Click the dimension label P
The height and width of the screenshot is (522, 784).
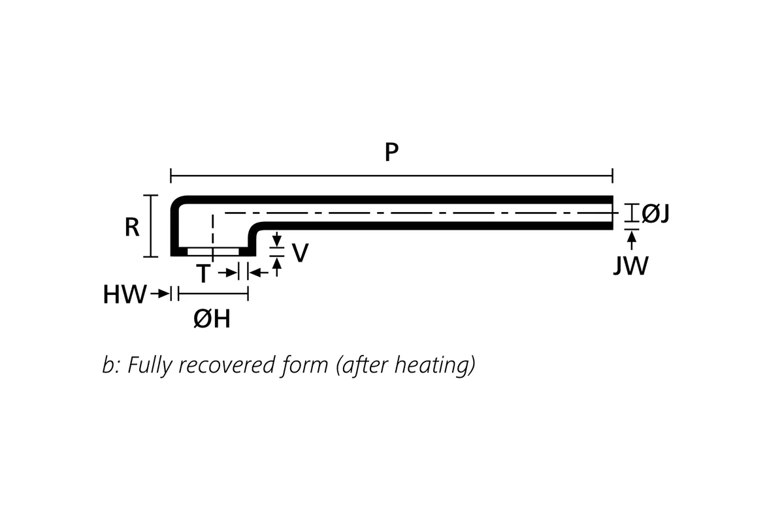coord(391,153)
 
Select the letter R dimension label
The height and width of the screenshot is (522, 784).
coord(132,227)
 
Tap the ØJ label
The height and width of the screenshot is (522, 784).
coord(655,213)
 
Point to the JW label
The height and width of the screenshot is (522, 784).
coord(630,266)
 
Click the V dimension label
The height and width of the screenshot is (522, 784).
coord(299,253)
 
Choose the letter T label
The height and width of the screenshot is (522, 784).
coord(203,275)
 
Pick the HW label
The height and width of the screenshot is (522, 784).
coord(124,295)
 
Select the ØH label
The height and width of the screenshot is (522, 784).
coord(212,320)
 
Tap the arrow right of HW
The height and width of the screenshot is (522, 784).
coord(160,294)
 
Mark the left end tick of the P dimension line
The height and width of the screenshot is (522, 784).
coord(171,175)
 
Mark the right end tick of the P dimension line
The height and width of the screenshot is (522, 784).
coord(612,175)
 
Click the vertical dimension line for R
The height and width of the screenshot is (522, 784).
coord(151,226)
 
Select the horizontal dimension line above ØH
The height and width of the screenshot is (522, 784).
coord(213,294)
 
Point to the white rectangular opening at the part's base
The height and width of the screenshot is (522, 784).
coord(213,251)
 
